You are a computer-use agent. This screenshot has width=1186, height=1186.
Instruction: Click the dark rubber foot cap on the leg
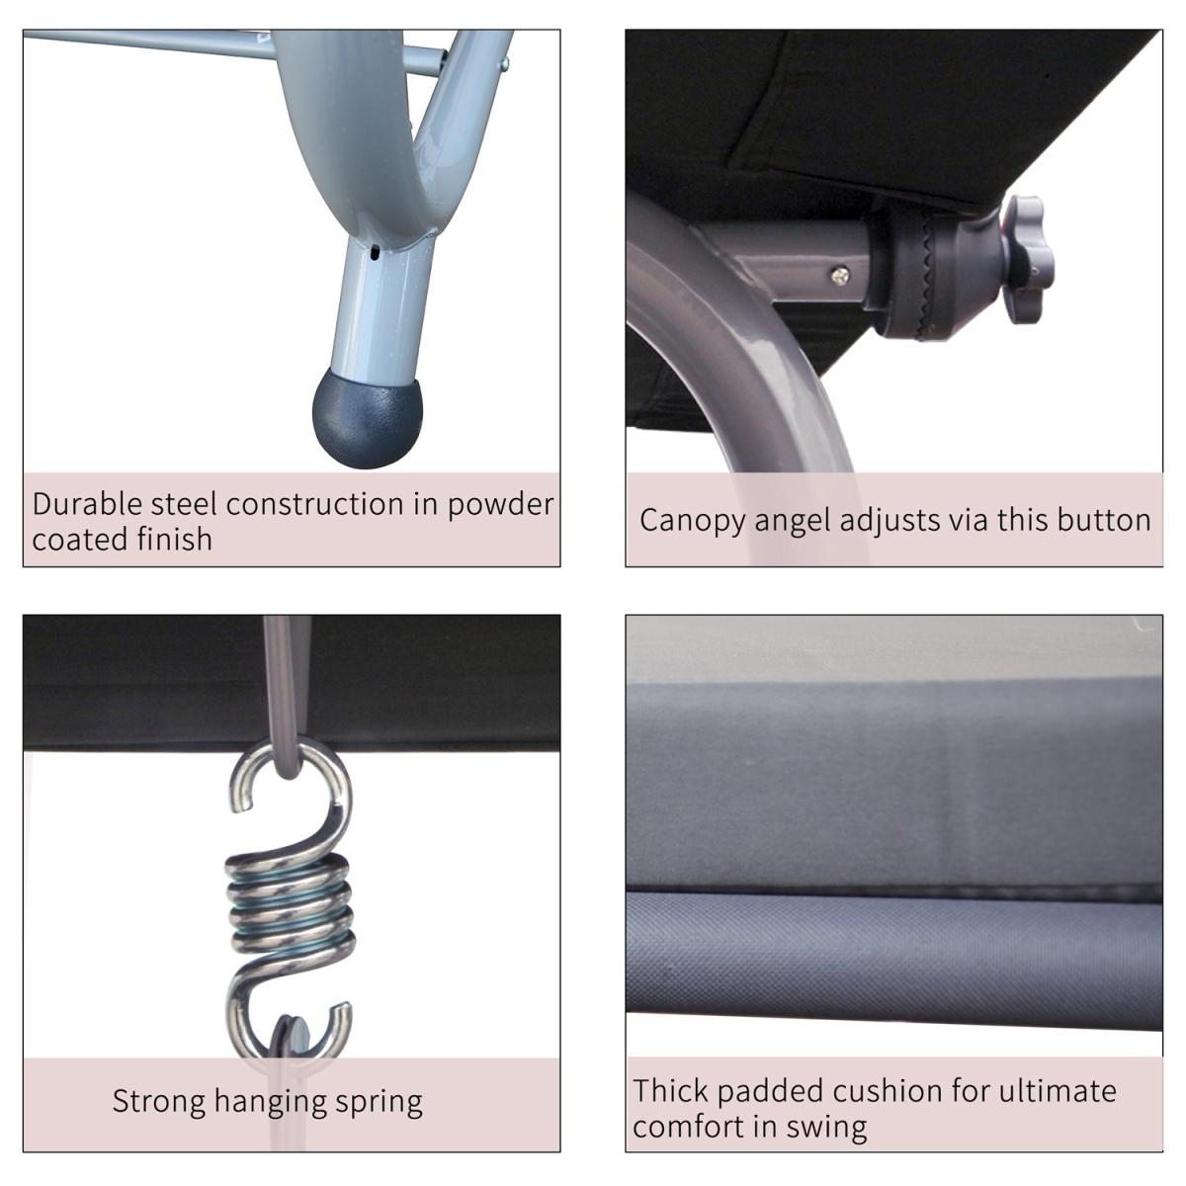coord(367,418)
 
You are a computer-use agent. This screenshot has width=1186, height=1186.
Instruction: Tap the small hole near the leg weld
coord(375,252)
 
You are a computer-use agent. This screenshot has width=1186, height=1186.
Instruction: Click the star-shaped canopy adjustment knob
coord(1027,260)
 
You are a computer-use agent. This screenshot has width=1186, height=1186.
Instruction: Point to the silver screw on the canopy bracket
coord(840,275)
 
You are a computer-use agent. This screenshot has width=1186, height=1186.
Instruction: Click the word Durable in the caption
coord(87,503)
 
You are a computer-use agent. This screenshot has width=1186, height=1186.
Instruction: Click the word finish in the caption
coord(174,540)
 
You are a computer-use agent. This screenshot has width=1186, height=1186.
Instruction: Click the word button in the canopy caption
coord(1104,520)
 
